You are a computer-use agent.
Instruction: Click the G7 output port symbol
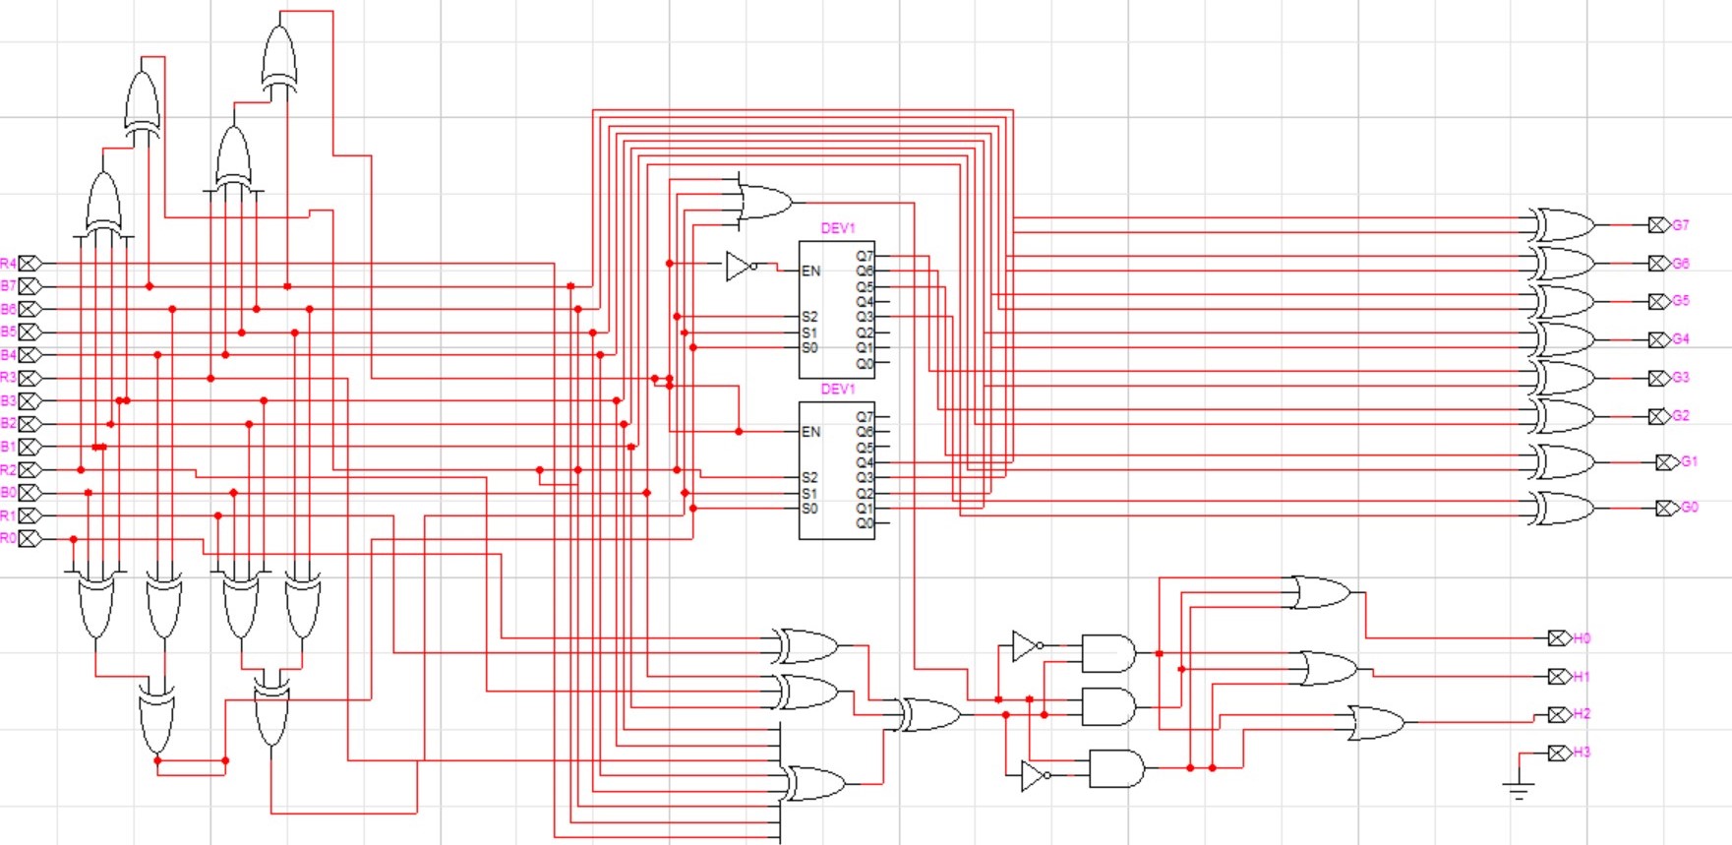pos(1658,225)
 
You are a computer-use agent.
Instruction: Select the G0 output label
pos(1690,508)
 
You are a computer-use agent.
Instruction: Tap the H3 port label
pos(1582,753)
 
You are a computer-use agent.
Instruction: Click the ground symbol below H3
pos(1519,788)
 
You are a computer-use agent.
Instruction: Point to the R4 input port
pos(30,264)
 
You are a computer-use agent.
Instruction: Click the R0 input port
pos(30,538)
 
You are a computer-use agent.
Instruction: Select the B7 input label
pos(8,286)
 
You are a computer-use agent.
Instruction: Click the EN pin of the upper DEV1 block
pos(810,271)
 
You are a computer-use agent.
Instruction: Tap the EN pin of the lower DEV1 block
pos(810,432)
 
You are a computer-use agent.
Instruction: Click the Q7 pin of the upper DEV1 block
pos(865,256)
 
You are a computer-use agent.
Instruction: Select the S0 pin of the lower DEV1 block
pos(809,509)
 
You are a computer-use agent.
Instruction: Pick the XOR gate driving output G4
pos(1562,339)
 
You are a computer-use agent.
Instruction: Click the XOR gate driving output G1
pos(1562,461)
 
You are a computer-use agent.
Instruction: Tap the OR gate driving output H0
pos(1321,593)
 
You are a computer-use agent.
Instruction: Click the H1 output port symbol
pos(1558,677)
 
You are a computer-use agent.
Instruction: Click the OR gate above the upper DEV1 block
pos(763,202)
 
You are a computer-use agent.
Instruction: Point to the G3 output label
pos(1681,378)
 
